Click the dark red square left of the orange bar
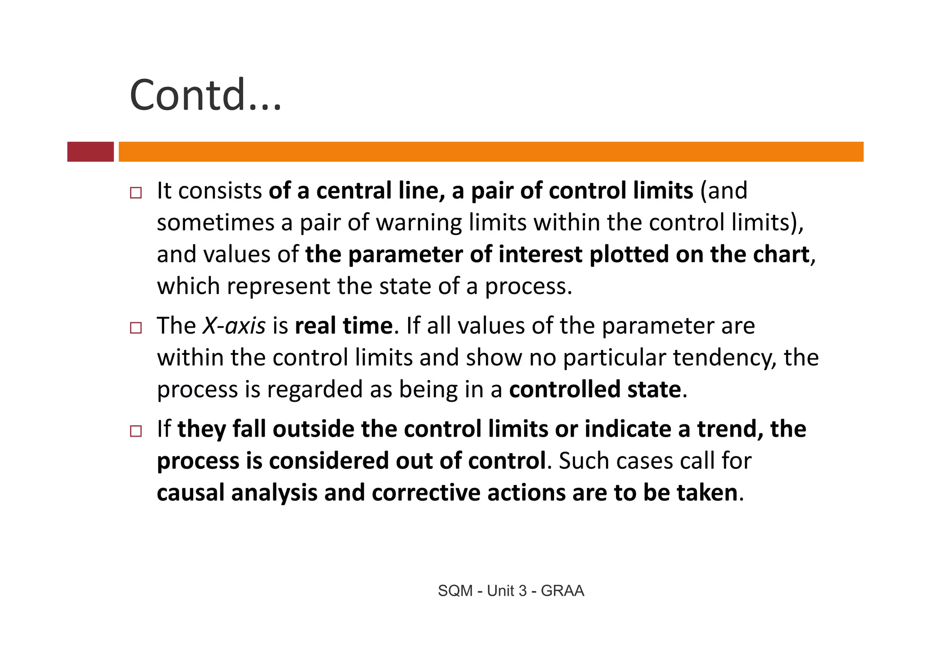[x=90, y=152]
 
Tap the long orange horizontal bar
[x=491, y=152]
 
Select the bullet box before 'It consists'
[x=135, y=193]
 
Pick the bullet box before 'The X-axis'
[x=135, y=328]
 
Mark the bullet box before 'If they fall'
[x=135, y=431]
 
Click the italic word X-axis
[x=234, y=326]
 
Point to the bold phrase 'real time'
[x=344, y=326]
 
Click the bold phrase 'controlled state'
[x=595, y=389]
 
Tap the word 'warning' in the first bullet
[x=419, y=223]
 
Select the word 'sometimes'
[x=215, y=223]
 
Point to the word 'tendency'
[x=724, y=358]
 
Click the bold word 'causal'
[x=190, y=493]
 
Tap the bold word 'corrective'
[x=425, y=493]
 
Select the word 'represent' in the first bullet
[x=279, y=286]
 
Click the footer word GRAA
[x=562, y=591]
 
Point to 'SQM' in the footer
[x=455, y=591]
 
